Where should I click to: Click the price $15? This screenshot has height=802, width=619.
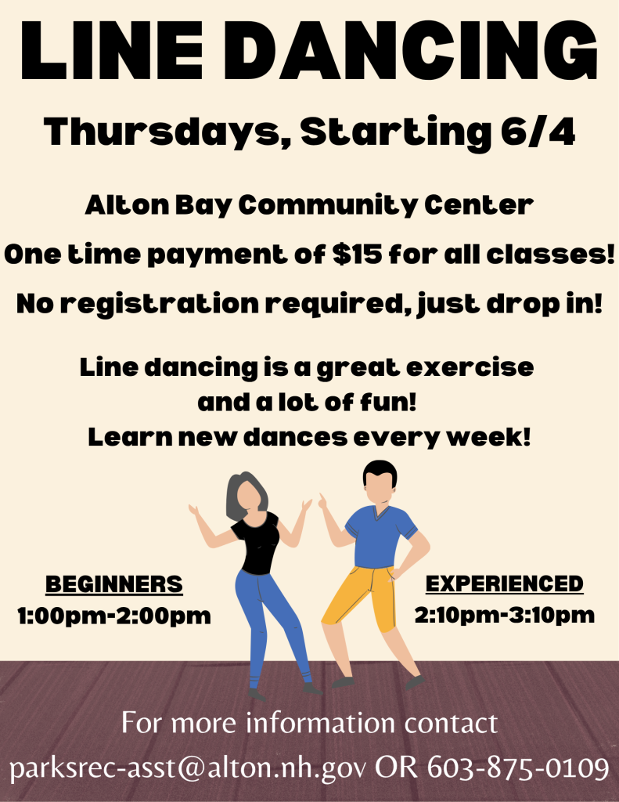point(357,255)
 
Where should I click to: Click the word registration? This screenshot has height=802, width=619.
point(160,305)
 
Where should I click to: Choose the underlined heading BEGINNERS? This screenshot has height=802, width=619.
point(114,584)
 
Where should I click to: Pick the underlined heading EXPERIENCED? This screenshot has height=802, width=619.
point(505,583)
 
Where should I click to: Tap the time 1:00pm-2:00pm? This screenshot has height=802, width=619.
point(114,616)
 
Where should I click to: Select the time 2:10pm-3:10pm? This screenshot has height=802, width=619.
point(505,614)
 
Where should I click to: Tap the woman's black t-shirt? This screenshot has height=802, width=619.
point(257,542)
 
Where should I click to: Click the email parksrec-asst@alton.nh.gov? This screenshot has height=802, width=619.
point(188,769)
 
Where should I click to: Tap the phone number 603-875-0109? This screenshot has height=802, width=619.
point(518,768)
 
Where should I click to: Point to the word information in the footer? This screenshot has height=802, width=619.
point(321,723)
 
